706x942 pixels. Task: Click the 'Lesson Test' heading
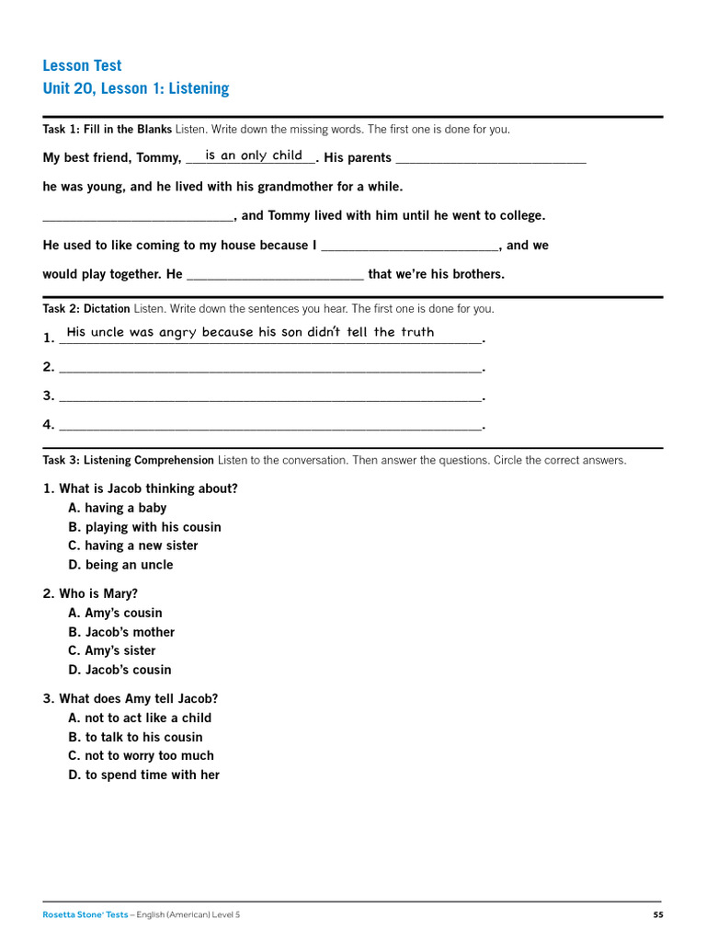(x=82, y=65)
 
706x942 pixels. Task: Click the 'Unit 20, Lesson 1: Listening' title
(x=135, y=88)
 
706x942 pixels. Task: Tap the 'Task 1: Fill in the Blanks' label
(x=107, y=129)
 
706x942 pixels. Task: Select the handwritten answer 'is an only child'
(x=254, y=155)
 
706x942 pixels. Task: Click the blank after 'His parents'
(x=491, y=158)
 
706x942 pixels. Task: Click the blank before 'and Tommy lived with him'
(x=138, y=216)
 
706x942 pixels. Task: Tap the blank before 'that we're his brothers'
(x=275, y=275)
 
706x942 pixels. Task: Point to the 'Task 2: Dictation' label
(x=86, y=309)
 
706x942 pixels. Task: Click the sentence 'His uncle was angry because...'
(x=250, y=332)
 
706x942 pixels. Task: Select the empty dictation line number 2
(x=269, y=367)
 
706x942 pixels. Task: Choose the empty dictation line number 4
(x=269, y=425)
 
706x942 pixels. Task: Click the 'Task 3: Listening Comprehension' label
(x=129, y=460)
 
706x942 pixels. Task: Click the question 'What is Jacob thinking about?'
(x=148, y=488)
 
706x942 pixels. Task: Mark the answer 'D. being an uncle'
(x=120, y=565)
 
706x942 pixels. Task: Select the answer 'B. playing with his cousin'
(x=144, y=527)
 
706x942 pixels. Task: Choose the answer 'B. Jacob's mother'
(x=121, y=632)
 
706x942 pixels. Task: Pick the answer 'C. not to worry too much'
(x=141, y=755)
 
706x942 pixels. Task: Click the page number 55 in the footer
(x=657, y=914)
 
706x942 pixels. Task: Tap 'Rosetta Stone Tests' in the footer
(x=85, y=914)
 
